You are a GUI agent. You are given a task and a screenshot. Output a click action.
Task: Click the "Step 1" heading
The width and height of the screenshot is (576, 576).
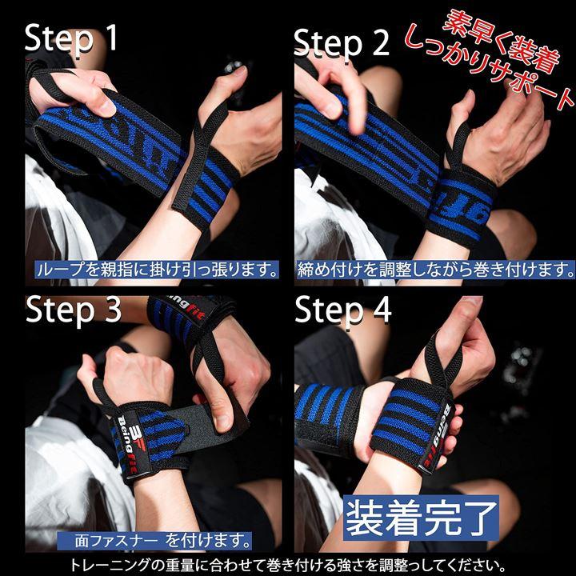click(71, 39)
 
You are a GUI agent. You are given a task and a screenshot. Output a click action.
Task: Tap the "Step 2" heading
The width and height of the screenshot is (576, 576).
click(342, 43)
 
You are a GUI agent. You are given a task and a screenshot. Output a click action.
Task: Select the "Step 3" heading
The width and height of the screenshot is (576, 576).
click(73, 310)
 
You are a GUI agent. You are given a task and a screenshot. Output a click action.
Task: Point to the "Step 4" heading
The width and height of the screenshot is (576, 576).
click(342, 310)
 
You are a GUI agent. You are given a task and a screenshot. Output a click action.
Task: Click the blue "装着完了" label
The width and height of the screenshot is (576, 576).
click(421, 518)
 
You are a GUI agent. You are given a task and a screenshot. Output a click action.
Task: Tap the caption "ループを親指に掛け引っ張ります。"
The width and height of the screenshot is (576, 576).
click(157, 270)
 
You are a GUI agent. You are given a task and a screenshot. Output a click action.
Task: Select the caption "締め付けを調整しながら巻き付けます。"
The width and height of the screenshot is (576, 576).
click(435, 270)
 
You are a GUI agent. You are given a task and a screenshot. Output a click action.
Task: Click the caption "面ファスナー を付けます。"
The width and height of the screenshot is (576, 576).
click(154, 541)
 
